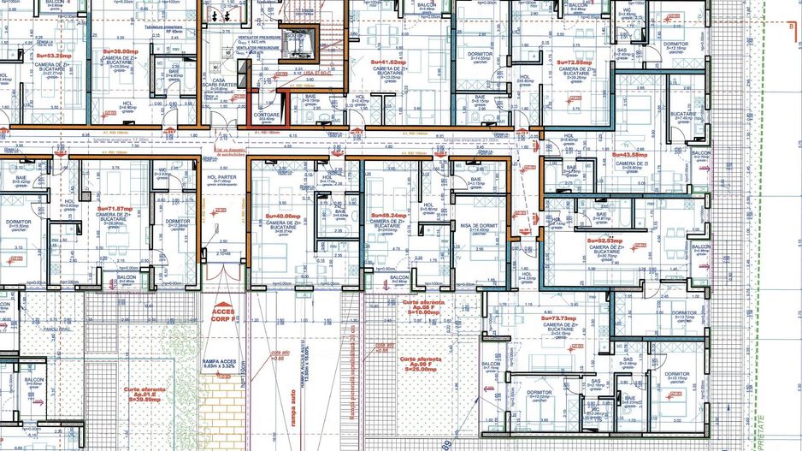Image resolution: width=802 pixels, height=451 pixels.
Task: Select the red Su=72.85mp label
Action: (x=575, y=62)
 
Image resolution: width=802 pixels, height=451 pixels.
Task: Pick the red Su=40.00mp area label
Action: (x=283, y=216)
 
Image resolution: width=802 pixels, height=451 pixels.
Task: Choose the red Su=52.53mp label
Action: (x=604, y=241)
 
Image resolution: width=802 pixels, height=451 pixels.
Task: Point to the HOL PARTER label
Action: (x=220, y=177)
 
